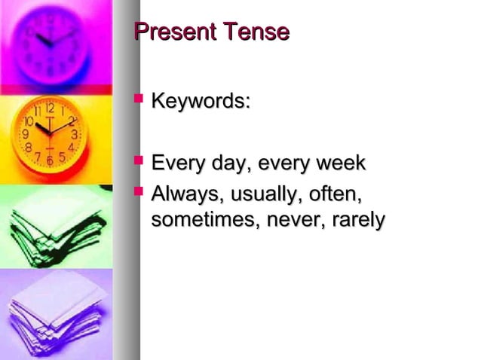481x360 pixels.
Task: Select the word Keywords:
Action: coord(201,101)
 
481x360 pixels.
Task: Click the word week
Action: coord(339,163)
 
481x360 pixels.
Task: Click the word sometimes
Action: coord(198,221)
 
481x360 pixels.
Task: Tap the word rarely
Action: coord(357,221)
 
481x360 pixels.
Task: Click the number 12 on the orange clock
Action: coord(47,108)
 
